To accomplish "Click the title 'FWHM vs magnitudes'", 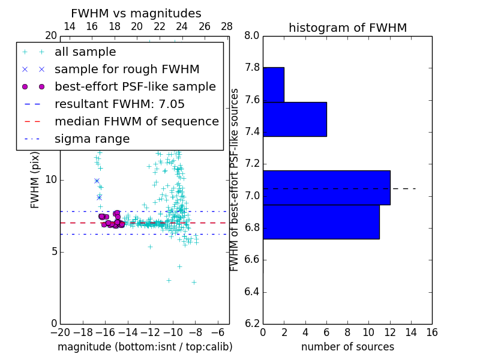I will [x=136, y=13].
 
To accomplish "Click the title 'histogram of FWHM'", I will [x=347, y=28].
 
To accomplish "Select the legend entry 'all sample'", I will [x=85, y=52].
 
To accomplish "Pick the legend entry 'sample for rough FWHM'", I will [x=127, y=70].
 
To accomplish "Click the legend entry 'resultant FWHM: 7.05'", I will [x=119, y=104].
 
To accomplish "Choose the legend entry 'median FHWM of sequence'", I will [x=136, y=122].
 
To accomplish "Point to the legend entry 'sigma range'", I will [x=92, y=139].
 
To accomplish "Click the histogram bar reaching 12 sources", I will [x=326, y=188].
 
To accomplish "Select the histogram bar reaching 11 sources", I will [x=321, y=222].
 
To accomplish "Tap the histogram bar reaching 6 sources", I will [x=295, y=119].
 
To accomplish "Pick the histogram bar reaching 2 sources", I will [x=273, y=85].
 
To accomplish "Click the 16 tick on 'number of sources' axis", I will [x=432, y=332].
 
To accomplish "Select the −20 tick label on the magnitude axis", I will [x=60, y=332].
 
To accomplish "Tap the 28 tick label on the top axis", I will [x=227, y=26].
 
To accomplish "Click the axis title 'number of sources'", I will [x=347, y=347].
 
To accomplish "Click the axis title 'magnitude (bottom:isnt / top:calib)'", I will [x=145, y=347].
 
